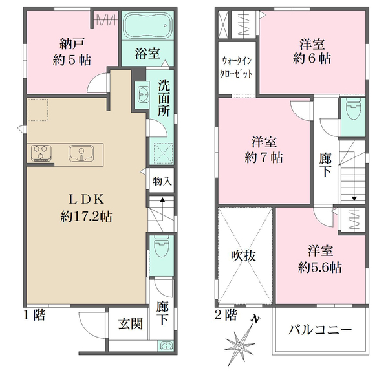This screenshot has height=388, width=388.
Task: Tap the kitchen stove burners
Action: point(41,153)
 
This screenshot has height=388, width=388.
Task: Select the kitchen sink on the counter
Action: point(81,153)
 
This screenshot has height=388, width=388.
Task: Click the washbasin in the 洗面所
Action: point(142,95)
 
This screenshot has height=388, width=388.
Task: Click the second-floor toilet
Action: point(353,109)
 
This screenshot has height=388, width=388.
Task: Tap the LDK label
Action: point(86,199)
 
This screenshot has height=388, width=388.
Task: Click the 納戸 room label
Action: point(72,44)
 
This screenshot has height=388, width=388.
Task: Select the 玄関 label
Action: point(131,324)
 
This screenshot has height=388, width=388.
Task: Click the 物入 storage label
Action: point(162,181)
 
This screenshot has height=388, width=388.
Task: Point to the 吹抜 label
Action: point(243,255)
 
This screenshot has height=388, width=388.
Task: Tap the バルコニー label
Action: point(320,330)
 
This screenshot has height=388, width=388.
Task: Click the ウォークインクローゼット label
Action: point(237,67)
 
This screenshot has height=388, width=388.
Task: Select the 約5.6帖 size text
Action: point(320,267)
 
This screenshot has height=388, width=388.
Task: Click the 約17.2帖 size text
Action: point(86,217)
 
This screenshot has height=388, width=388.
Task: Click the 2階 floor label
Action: point(226,316)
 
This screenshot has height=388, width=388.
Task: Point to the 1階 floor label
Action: point(34,316)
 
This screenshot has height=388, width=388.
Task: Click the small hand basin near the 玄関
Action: point(166,345)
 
